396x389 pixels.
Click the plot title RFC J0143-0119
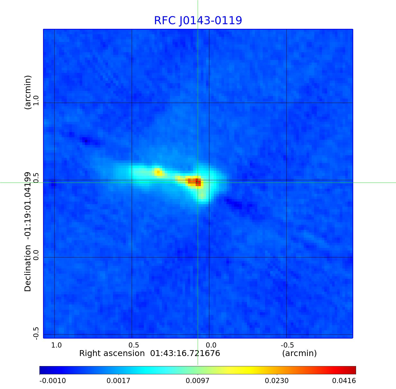point(198,21)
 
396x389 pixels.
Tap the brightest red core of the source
point(198,182)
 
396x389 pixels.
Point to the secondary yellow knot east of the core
point(158,172)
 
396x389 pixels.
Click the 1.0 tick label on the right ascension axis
point(56,345)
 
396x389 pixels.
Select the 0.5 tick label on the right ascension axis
point(134,345)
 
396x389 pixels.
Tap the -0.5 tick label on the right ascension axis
point(287,345)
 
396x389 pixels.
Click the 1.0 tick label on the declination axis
point(36,100)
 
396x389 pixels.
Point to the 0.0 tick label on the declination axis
point(36,255)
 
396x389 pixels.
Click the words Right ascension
point(112,353)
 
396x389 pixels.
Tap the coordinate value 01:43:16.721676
point(185,353)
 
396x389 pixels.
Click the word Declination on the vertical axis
point(28,268)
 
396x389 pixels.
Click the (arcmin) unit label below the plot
point(299,353)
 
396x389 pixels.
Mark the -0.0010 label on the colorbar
point(53,381)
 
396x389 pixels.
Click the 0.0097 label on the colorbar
point(198,381)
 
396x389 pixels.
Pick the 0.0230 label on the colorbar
point(277,381)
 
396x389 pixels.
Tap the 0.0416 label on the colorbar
point(344,381)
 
